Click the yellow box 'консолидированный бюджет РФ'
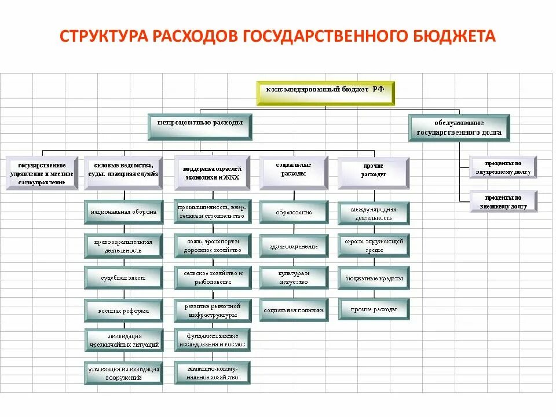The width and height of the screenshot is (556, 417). click(x=325, y=93)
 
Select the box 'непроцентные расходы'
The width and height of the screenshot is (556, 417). click(x=200, y=126)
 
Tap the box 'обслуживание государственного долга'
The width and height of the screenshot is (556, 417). click(x=459, y=127)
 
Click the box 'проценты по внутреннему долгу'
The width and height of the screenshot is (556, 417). click(x=503, y=166)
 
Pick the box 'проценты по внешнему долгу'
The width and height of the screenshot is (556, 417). click(x=503, y=202)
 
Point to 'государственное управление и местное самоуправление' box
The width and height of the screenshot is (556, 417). click(x=42, y=172)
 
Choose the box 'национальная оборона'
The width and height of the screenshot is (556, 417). click(x=123, y=212)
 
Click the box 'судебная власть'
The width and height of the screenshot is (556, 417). click(x=123, y=278)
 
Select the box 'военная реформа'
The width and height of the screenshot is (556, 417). click(x=123, y=311)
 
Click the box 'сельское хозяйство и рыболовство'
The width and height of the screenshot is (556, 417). click(x=213, y=277)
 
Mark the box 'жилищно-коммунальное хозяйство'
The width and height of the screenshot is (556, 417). click(x=213, y=372)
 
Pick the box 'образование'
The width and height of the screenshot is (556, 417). click(x=294, y=212)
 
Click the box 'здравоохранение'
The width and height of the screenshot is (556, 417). click(x=294, y=246)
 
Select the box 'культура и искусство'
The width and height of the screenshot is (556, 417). click(x=294, y=277)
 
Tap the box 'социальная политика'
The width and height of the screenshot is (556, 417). click(x=294, y=310)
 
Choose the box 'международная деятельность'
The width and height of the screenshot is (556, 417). click(x=374, y=213)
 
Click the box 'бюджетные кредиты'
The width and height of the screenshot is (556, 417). click(x=374, y=278)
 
